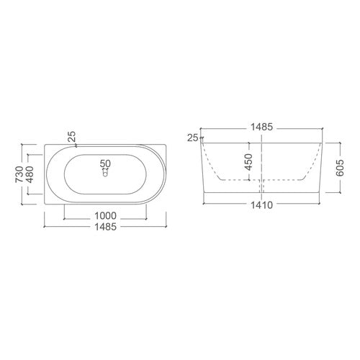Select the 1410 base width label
coord(260,204)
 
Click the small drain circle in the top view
coord(106,174)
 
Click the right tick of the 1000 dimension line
coord(149,215)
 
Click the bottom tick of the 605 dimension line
coord(339,193)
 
